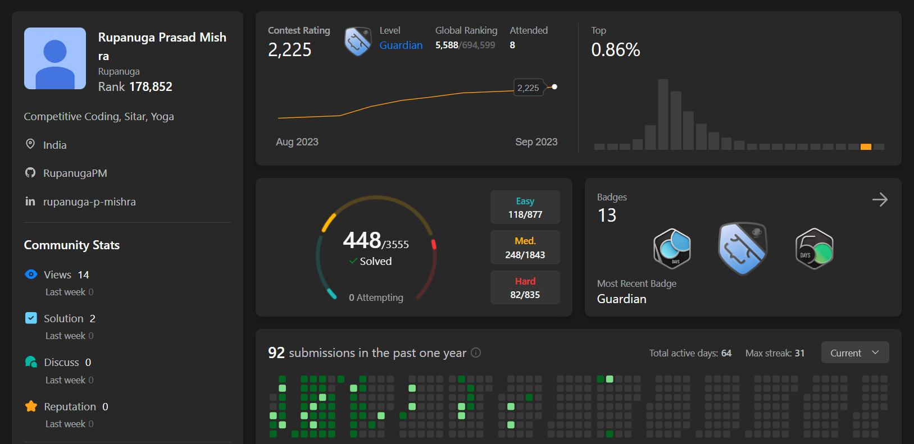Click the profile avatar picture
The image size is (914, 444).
point(55,58)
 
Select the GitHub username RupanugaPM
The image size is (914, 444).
point(75,173)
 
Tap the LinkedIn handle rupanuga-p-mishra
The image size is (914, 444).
point(89,202)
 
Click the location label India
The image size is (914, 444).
point(54,145)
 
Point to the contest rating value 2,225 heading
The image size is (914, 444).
point(289,50)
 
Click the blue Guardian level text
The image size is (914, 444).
point(401,45)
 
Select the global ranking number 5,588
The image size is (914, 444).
point(447,45)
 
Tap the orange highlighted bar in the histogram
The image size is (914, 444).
point(866,147)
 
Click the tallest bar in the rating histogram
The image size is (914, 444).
point(663,115)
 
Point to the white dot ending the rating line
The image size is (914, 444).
point(554,87)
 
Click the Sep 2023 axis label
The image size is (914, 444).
point(536,142)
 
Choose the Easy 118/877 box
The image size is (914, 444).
point(525,208)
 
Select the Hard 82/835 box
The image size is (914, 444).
point(525,287)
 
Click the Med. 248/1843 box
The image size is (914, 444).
point(525,248)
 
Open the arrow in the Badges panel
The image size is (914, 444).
point(879,200)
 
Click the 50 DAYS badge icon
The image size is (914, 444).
point(814,249)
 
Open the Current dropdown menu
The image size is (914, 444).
point(854,353)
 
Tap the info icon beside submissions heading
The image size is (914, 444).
point(476,353)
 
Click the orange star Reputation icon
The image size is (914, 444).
point(31,406)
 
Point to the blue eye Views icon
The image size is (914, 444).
point(31,274)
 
